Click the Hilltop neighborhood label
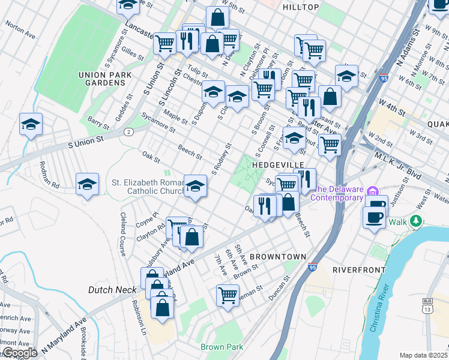[300, 7]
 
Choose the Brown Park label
[222, 347]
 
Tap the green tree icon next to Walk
[414, 222]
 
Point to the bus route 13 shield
[427, 305]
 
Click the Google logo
[20, 353]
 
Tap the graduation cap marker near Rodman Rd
[88, 184]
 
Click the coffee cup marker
[374, 217]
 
